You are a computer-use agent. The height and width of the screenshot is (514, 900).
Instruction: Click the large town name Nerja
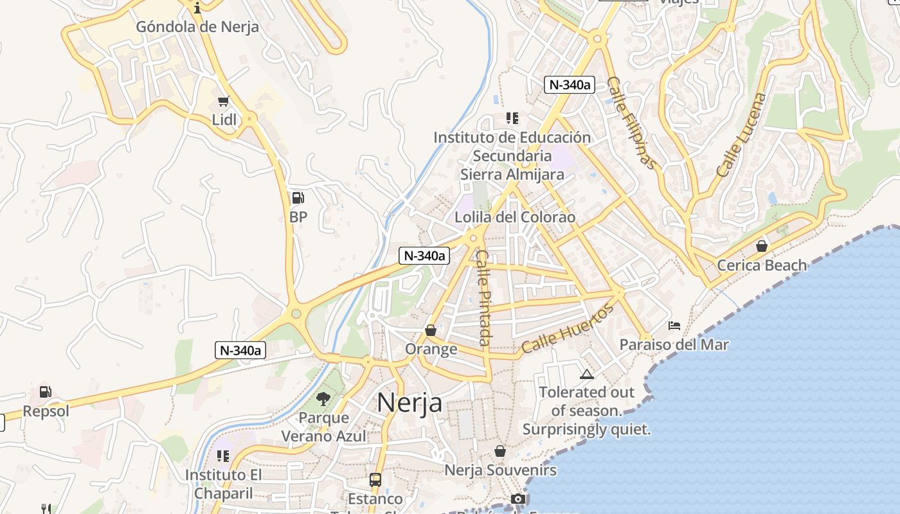[410, 403]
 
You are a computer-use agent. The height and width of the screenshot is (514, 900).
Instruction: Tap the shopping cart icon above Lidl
[223, 101]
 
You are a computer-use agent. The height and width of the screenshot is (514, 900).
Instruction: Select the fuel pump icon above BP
[298, 197]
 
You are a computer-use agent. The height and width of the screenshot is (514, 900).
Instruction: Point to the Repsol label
[46, 411]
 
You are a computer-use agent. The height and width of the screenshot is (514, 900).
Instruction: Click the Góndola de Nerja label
[197, 26]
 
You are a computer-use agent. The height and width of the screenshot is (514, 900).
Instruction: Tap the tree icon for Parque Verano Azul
[323, 399]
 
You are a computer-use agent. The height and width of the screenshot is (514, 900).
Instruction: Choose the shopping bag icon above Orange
[431, 330]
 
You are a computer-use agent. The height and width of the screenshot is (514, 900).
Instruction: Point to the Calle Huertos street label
[568, 329]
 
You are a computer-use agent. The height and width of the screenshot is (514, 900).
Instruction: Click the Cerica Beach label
[762, 265]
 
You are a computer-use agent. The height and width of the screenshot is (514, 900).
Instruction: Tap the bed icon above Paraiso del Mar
[674, 326]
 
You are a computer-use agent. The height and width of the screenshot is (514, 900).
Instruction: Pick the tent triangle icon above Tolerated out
[586, 375]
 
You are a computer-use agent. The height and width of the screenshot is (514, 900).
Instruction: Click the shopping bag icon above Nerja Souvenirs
[500, 452]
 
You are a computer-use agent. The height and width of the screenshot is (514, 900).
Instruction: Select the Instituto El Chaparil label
[219, 484]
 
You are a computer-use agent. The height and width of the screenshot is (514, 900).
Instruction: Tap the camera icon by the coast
[517, 499]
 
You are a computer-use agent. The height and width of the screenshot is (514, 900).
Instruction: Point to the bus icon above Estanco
[375, 479]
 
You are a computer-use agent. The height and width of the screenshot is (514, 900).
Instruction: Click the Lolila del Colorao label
[515, 217]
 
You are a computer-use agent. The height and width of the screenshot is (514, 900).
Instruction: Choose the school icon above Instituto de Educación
[512, 118]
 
